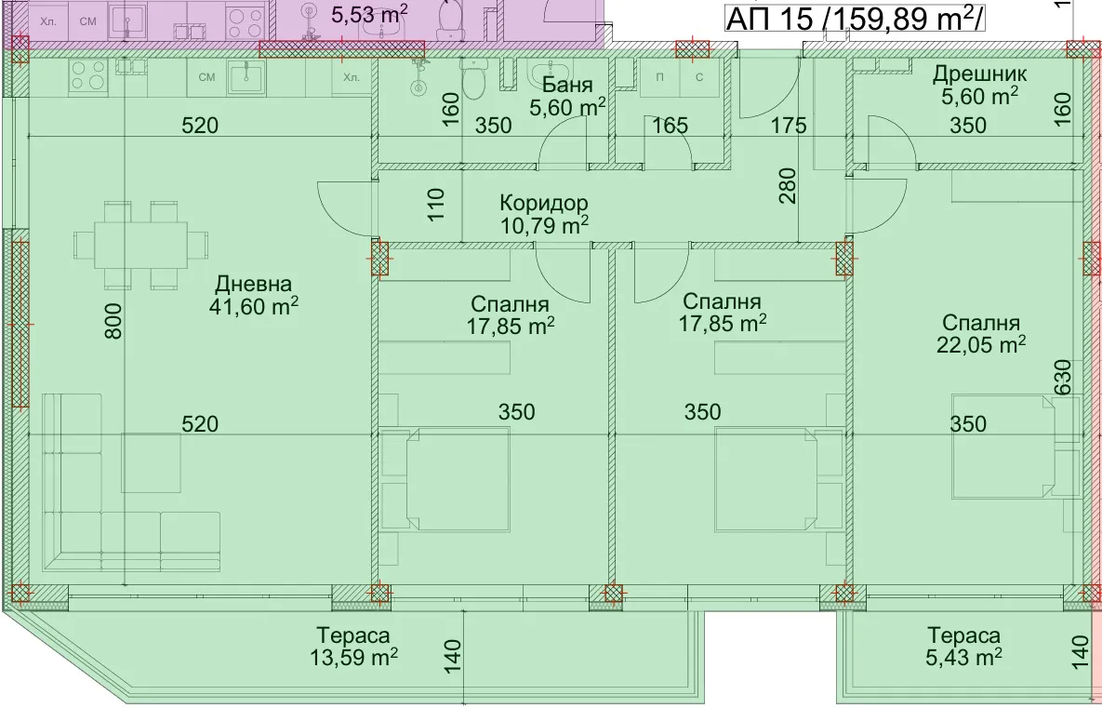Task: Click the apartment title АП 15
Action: [x=770, y=19]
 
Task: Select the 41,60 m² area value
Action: [x=254, y=306]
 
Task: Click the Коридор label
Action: [x=544, y=203]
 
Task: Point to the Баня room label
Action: [x=568, y=85]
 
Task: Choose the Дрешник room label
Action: [x=980, y=73]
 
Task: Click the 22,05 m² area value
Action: [x=981, y=344]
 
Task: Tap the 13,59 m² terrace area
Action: [x=353, y=658]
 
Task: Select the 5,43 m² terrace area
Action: [x=963, y=658]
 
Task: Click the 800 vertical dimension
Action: [x=113, y=321]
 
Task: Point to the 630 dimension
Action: [x=1063, y=378]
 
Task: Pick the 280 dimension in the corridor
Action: [x=788, y=186]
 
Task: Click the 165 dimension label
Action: [x=670, y=126]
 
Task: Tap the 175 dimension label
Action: [x=788, y=126]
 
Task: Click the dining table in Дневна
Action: [x=141, y=245]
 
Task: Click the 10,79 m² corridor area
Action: [x=544, y=226]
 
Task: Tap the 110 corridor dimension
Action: [x=436, y=204]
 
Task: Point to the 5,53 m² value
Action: [x=369, y=13]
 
